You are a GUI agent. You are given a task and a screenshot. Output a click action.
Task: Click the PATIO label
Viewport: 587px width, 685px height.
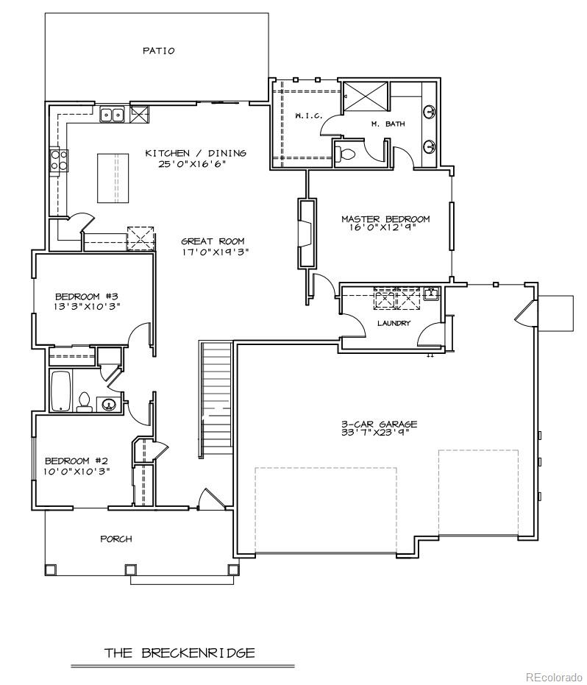click(159, 51)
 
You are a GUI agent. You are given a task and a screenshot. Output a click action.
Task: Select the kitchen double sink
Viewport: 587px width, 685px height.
click(112, 114)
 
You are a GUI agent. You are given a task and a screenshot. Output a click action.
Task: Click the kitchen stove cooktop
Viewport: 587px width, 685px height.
click(57, 160)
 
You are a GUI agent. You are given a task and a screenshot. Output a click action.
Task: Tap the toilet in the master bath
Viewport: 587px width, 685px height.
click(346, 155)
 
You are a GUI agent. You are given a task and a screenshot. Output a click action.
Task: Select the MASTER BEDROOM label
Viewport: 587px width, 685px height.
click(385, 219)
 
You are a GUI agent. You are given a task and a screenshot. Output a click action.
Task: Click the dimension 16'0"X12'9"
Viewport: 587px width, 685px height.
click(385, 228)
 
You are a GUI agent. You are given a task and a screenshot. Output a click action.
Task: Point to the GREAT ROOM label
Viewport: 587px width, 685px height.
click(213, 241)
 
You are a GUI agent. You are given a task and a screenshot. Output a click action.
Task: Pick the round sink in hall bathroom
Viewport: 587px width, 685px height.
click(110, 403)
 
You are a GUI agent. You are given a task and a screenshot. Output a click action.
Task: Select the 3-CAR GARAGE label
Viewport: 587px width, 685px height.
click(379, 424)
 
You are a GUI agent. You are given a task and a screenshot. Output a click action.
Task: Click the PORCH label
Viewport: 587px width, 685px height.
click(116, 539)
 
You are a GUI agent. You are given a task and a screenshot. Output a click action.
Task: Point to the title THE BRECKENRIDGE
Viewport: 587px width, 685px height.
click(179, 653)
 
